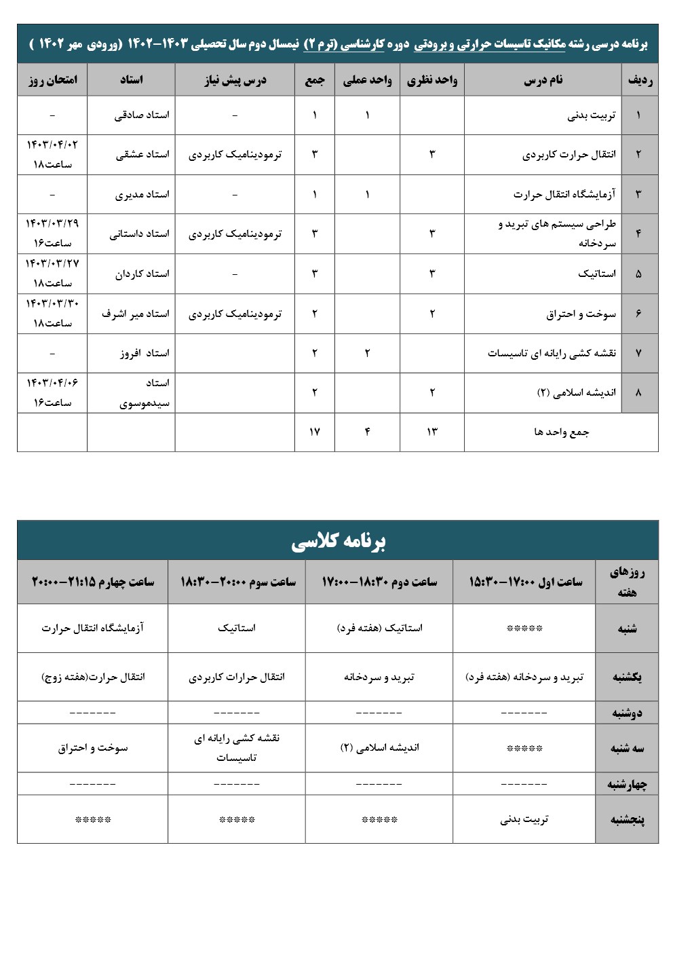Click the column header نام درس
(x=543, y=80)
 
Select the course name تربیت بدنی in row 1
(x=592, y=115)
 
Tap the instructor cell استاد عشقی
(x=142, y=155)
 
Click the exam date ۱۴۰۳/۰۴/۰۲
(x=52, y=145)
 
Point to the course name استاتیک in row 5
(x=597, y=274)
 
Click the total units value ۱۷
(x=314, y=432)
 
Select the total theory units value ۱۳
(x=432, y=432)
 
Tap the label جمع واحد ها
(x=561, y=432)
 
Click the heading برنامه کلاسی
(x=338, y=541)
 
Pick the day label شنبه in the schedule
(x=627, y=629)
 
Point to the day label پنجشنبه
(x=627, y=819)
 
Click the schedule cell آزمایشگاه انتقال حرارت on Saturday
(x=93, y=628)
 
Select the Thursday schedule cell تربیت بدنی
(x=524, y=819)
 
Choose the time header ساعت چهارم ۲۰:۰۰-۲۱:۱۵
(x=93, y=582)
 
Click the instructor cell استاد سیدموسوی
(x=145, y=393)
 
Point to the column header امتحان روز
(x=53, y=80)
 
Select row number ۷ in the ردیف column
(x=639, y=353)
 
